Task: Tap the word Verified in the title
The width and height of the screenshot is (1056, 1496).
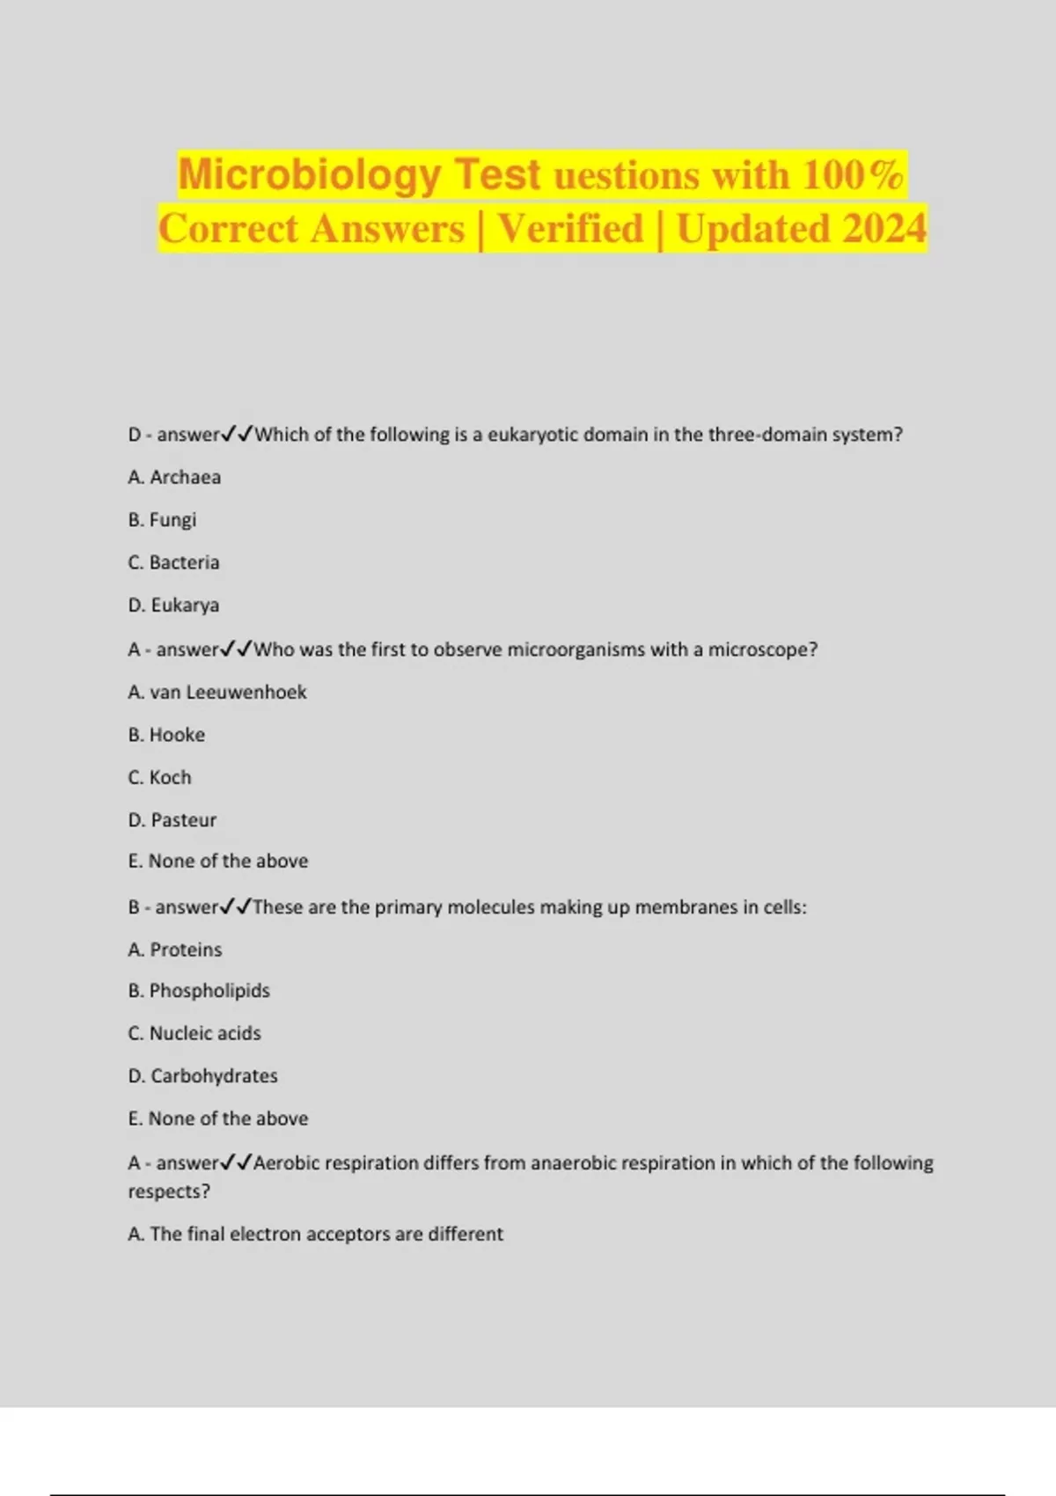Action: (x=570, y=229)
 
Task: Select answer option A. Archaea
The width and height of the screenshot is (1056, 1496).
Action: (x=174, y=477)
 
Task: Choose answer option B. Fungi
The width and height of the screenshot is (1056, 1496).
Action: (x=162, y=520)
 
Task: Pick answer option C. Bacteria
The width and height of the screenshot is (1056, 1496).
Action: (x=173, y=562)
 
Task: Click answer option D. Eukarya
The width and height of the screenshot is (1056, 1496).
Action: (x=173, y=605)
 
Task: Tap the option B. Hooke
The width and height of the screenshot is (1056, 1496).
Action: (x=166, y=735)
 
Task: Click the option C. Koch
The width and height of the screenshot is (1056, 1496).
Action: (x=159, y=778)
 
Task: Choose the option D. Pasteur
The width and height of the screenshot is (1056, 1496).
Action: (x=172, y=820)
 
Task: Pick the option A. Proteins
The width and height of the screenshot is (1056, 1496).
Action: (x=175, y=950)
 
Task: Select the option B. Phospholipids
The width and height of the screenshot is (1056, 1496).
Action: (x=199, y=991)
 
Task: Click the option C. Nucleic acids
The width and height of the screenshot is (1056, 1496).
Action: (x=194, y=1033)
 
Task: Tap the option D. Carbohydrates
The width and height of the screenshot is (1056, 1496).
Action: (x=202, y=1076)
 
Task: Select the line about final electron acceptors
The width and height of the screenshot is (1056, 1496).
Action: (x=315, y=1234)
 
